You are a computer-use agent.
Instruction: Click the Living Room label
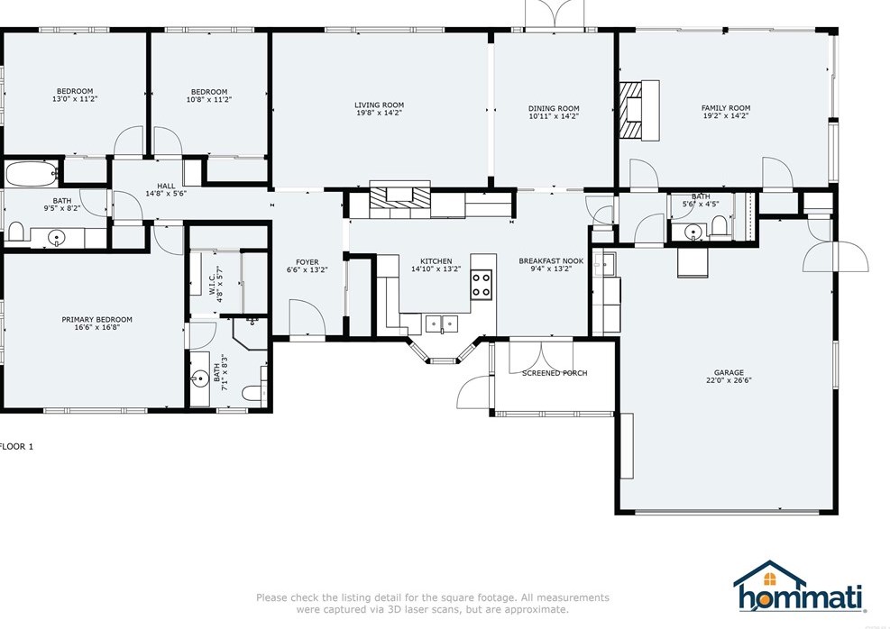(379, 105)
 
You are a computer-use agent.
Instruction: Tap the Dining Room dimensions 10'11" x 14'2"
(554, 116)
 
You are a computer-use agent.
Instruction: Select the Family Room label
(725, 108)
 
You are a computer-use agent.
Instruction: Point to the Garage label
(729, 373)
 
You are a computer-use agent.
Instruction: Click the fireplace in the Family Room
(638, 111)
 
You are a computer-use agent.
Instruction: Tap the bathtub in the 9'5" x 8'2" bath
(32, 173)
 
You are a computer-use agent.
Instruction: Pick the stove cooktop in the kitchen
(482, 284)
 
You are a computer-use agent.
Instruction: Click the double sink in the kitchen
(442, 324)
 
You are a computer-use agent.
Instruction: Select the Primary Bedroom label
(97, 319)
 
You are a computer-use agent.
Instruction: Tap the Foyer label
(307, 262)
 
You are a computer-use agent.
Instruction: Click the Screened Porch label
(555, 373)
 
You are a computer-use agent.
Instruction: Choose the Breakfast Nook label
(551, 261)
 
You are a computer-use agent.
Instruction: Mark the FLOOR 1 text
(16, 446)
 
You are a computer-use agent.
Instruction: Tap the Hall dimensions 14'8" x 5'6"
(166, 194)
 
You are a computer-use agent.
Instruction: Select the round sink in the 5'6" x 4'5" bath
(692, 232)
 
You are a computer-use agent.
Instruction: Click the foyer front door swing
(307, 318)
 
